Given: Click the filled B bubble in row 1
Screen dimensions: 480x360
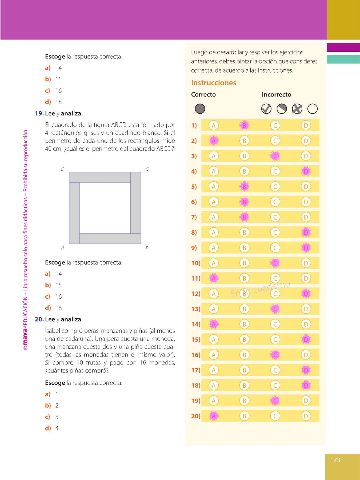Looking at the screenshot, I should (x=244, y=125).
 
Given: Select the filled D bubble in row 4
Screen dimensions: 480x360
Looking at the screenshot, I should (x=306, y=171).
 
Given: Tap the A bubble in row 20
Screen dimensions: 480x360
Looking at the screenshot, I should (x=214, y=416).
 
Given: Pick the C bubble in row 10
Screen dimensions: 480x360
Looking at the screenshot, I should (x=275, y=263).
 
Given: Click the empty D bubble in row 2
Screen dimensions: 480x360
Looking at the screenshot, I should (x=306, y=141).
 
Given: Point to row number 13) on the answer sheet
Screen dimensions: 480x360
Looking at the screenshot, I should (x=196, y=309).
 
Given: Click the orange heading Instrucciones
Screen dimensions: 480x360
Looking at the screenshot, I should (x=213, y=83).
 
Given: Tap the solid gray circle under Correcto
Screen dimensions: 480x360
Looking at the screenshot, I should (x=200, y=109).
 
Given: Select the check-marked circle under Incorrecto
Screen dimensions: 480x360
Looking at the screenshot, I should (x=266, y=109).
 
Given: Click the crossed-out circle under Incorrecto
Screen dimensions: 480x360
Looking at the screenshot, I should (x=297, y=109).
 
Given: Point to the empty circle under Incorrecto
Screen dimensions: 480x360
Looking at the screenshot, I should (x=313, y=109).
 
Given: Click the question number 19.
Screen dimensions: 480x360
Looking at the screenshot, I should (x=39, y=113).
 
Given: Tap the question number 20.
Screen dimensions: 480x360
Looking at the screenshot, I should (x=39, y=319).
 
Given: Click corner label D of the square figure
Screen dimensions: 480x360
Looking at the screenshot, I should (x=63, y=169).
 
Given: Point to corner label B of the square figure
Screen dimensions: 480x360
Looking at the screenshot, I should (x=147, y=247).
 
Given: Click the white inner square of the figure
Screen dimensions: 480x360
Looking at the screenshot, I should (x=105, y=208).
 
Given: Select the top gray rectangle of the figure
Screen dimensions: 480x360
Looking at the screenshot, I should (x=100, y=177).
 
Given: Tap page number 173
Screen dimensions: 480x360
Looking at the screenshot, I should (x=335, y=460).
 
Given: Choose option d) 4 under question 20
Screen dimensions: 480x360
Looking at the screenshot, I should (x=52, y=428).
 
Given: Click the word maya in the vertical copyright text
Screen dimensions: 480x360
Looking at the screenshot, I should (x=25, y=337).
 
